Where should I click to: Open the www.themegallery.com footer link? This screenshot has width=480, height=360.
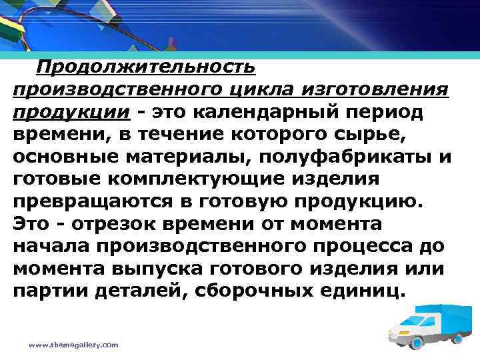(x=73, y=345)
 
